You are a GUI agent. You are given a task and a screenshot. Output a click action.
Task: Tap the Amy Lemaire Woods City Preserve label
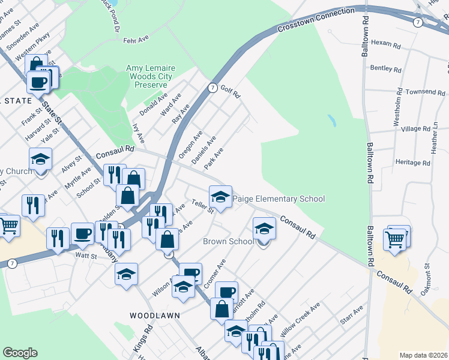click(149, 77)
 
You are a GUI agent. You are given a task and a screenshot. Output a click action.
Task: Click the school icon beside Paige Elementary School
click(220, 197)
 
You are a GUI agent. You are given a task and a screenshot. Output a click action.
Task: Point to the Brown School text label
click(228, 242)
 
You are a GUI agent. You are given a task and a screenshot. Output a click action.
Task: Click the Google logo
click(20, 353)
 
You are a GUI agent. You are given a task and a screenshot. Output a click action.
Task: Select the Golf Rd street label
click(230, 92)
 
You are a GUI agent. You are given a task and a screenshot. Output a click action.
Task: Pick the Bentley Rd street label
click(385, 68)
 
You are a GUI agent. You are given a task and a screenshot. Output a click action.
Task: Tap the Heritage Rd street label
click(413, 163)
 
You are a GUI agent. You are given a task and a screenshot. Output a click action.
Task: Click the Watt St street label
click(86, 256)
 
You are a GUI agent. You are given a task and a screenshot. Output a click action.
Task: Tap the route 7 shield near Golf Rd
click(212, 88)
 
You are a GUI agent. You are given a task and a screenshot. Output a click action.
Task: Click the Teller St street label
click(203, 207)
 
